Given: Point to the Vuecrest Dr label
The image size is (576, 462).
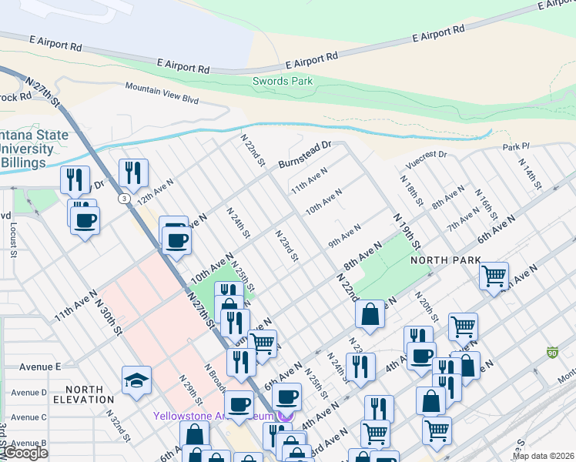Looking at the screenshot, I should click(421, 159).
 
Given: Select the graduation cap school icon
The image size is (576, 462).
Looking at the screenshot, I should click(136, 380).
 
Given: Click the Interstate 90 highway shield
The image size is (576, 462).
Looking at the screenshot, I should click(552, 352).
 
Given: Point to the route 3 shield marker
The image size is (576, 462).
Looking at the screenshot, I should click(124, 198).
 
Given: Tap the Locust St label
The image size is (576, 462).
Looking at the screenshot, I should click(14, 239).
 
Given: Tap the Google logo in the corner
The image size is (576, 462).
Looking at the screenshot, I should click(25, 453).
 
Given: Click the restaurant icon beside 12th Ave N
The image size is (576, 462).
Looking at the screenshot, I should click(133, 172).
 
